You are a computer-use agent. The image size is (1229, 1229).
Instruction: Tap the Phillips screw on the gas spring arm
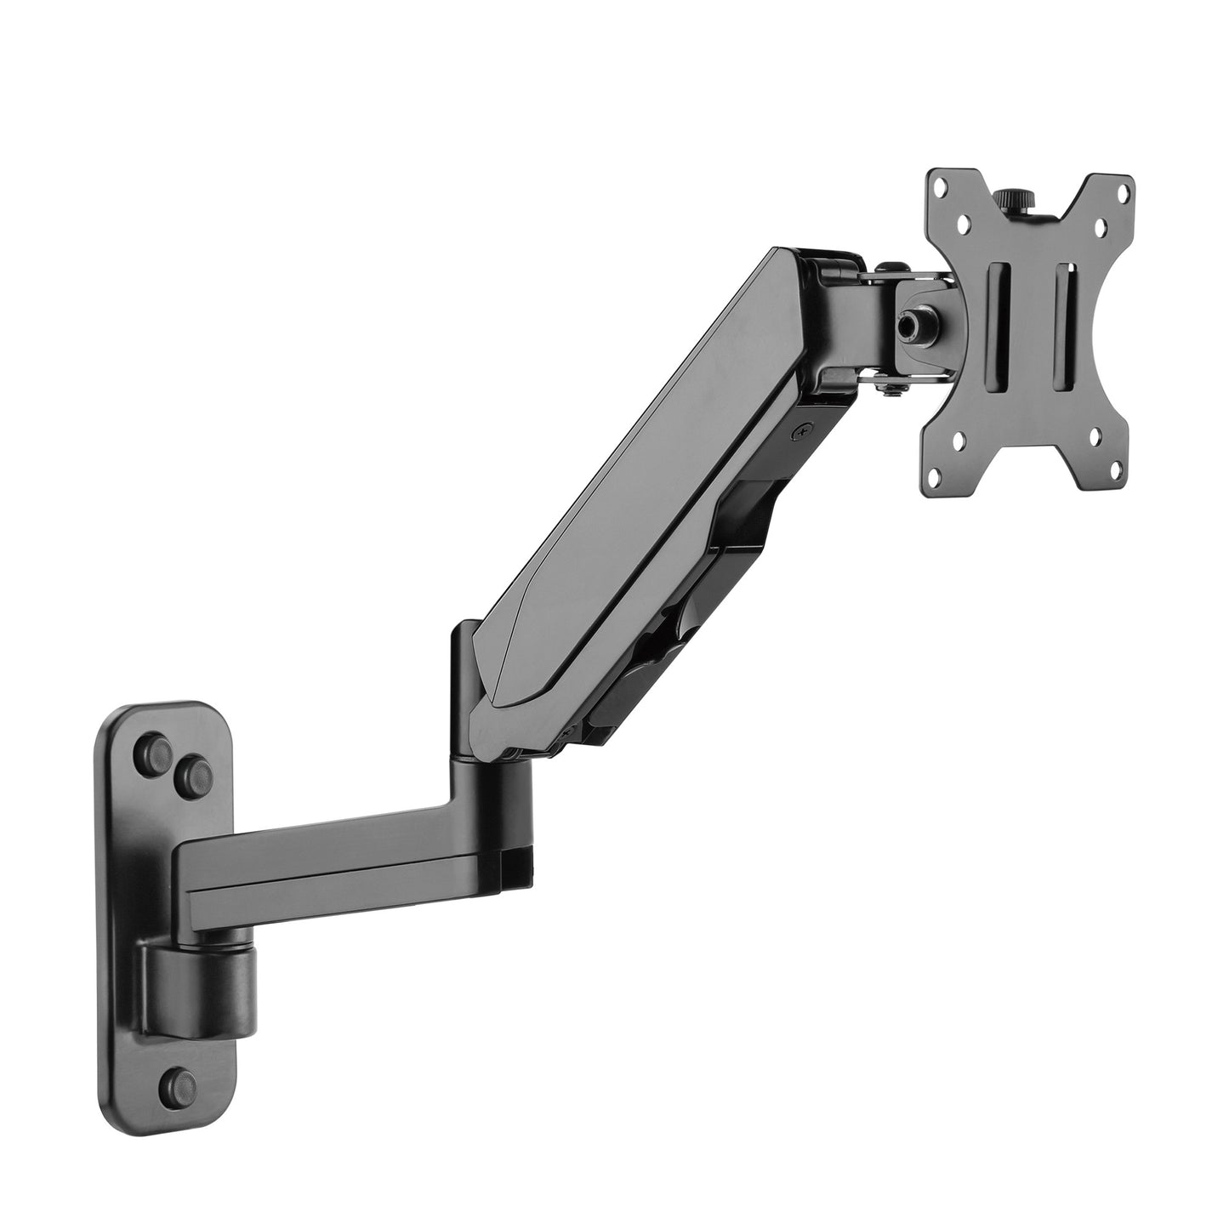click(799, 432)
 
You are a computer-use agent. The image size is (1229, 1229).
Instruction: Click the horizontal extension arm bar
click(340, 876)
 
